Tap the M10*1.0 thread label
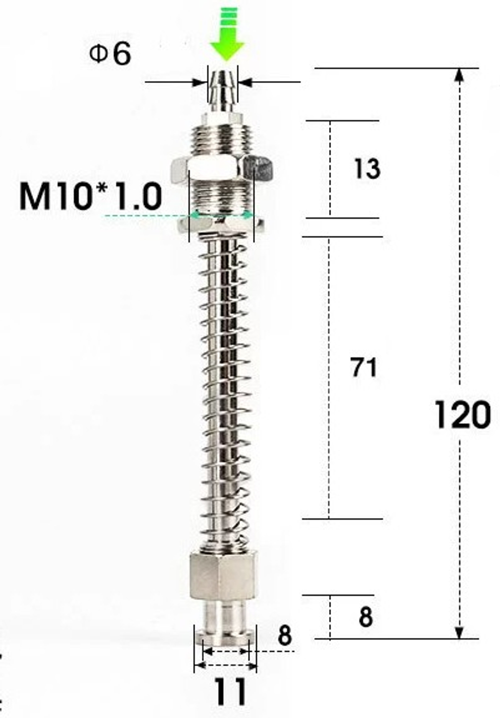pos(90,196)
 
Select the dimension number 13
pos(367,168)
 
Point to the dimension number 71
pos(363,368)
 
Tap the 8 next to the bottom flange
pos(284,636)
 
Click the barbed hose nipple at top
pos(223,90)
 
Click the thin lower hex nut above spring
pos(220,224)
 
